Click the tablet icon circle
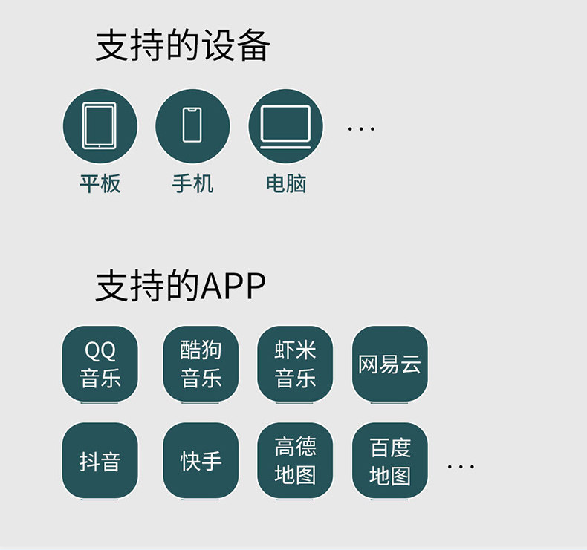tap(100, 125)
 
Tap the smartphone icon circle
tap(192, 125)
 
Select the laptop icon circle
tap(285, 125)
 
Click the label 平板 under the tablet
tap(100, 183)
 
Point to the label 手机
tap(192, 183)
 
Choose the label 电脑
tap(285, 183)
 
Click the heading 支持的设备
tap(183, 46)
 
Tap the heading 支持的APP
tap(181, 286)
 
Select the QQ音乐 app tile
tap(100, 364)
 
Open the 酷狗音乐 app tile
tap(201, 364)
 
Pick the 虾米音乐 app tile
tap(295, 364)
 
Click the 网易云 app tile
tap(389, 364)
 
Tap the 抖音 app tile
tap(100, 460)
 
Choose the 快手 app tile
tap(201, 460)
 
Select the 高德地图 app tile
tap(295, 460)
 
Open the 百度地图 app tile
tap(389, 460)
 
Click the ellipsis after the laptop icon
tap(361, 129)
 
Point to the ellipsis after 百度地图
tap(461, 467)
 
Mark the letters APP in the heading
tap(233, 287)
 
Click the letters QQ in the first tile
tap(100, 350)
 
